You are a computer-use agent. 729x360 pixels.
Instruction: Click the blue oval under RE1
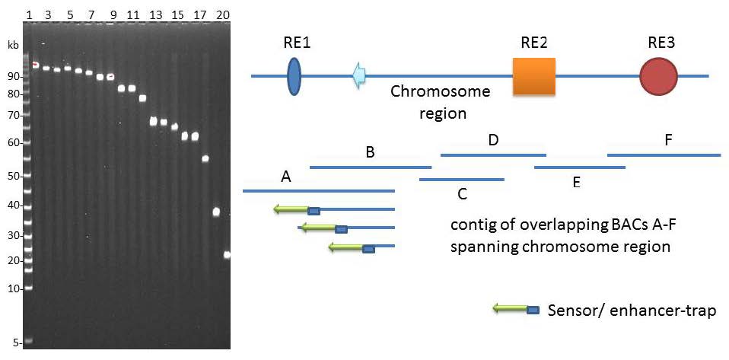[x=294, y=76]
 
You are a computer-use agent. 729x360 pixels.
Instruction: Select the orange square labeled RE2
[x=533, y=76]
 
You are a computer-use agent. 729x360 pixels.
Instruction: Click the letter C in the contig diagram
[x=462, y=193]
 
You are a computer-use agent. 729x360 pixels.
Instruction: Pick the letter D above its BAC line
[x=493, y=140]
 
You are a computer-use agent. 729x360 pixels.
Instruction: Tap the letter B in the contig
[x=370, y=151]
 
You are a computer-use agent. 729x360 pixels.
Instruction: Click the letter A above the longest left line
[x=286, y=177]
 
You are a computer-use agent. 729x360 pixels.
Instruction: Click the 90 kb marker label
[x=13, y=77]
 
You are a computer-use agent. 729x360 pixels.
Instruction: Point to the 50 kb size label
[x=13, y=176]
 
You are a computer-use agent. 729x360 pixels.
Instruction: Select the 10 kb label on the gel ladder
[x=13, y=288]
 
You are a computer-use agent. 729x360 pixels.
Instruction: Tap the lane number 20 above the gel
[x=222, y=14]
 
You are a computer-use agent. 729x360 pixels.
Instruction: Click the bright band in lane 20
[x=227, y=255]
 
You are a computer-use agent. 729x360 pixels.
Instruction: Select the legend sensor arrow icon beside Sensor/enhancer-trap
[x=516, y=310]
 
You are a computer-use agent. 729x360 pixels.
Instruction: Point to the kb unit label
[x=12, y=45]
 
